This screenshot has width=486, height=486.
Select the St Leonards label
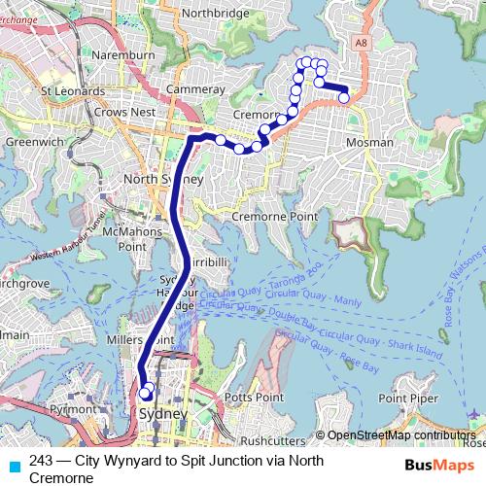[x=72, y=91]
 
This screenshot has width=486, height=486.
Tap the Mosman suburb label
[x=369, y=143]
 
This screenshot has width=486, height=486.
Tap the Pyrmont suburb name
[x=72, y=410]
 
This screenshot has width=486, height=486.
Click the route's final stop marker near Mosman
[x=344, y=96]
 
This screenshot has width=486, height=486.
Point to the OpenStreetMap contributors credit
[x=400, y=435]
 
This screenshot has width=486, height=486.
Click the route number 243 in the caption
[x=41, y=462]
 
